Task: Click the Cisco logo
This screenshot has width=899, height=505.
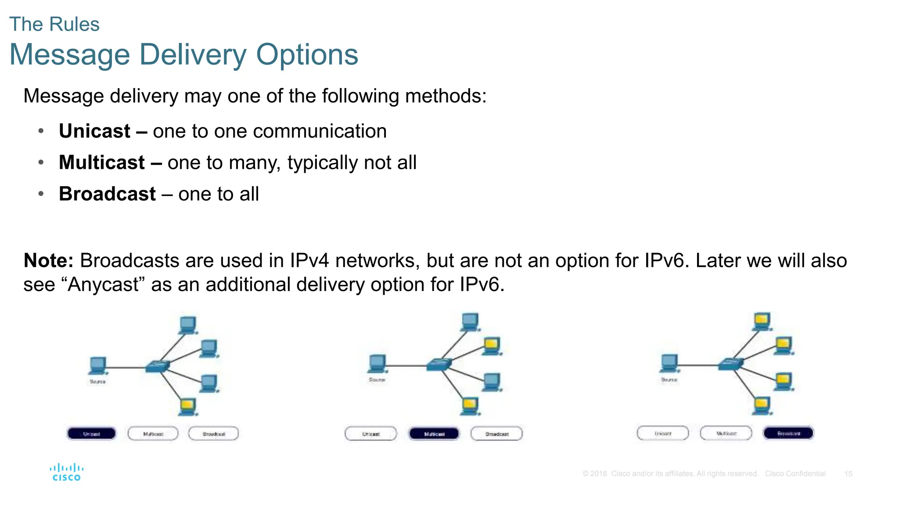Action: (x=67, y=472)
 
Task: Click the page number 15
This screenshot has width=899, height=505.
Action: (x=848, y=473)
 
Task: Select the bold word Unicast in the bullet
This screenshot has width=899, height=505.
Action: (x=95, y=131)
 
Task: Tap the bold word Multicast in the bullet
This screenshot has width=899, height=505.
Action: (x=102, y=163)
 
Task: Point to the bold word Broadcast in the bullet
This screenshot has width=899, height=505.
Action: (x=108, y=194)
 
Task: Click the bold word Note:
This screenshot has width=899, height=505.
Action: (x=48, y=261)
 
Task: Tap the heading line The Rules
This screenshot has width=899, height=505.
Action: (x=54, y=24)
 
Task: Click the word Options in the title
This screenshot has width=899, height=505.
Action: (x=307, y=55)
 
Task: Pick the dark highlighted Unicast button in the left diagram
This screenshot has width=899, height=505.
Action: (x=91, y=434)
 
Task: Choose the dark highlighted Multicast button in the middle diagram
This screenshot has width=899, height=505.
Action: (x=434, y=434)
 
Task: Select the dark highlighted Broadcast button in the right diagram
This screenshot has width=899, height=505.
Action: (x=788, y=433)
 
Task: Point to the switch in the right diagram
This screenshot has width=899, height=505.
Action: (x=731, y=363)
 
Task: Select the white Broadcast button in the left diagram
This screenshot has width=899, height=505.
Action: (x=214, y=434)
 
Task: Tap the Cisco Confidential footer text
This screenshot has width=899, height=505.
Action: (x=795, y=473)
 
